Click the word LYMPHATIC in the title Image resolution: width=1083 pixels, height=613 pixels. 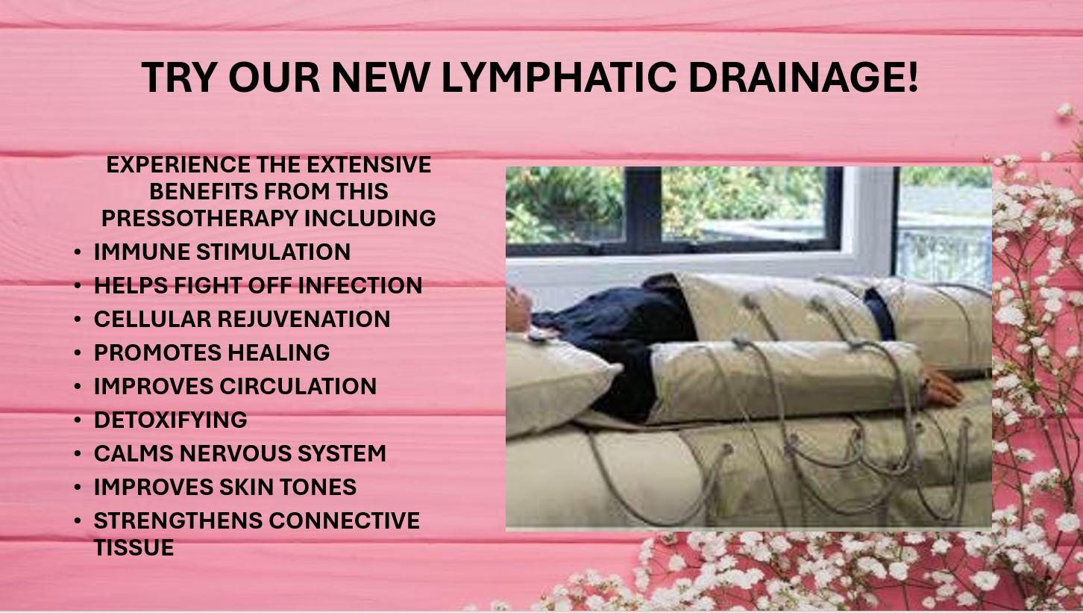point(559,78)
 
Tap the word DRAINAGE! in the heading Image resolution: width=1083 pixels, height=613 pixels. point(803,78)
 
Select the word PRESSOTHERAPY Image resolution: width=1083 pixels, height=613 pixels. point(200,218)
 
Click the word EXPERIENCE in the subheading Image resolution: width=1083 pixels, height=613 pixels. point(178,164)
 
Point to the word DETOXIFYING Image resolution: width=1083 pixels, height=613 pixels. point(171,420)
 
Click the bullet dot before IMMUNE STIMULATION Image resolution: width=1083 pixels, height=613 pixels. point(78,252)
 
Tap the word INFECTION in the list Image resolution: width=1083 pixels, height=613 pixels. point(360,285)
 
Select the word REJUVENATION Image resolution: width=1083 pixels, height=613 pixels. point(304,320)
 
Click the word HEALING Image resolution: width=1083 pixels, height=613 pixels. point(279,352)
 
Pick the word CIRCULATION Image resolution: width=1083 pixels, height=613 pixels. point(298,386)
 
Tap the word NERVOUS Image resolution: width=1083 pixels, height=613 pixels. point(236,453)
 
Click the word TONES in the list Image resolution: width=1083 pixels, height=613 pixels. point(318,488)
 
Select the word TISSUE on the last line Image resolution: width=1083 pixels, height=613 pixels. point(134,548)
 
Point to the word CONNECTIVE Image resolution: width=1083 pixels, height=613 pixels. point(345,520)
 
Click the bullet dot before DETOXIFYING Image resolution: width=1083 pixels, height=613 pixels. point(78,420)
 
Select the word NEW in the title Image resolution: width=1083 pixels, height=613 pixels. point(380,78)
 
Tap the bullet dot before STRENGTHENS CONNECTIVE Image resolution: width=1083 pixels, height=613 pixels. point(78,521)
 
